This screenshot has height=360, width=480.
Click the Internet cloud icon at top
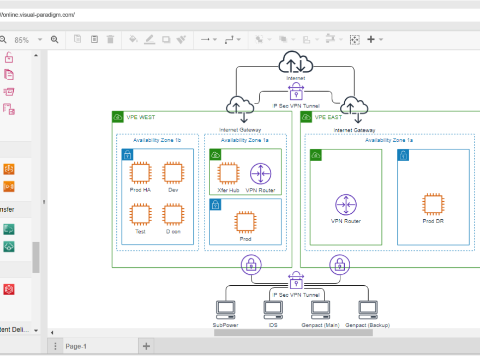coord(296,63)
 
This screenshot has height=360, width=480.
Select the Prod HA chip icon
coord(140,172)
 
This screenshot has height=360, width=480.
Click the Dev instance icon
coord(173,172)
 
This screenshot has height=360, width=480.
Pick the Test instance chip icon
coord(140,214)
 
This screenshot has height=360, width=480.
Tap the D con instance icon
coord(173,214)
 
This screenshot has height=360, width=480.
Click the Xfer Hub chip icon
coord(227,174)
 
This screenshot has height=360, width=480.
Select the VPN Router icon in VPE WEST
coord(260,174)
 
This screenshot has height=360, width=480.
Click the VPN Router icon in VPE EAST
coord(346,205)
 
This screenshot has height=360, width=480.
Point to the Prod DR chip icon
coord(433,204)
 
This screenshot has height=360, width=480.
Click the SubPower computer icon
coord(225,310)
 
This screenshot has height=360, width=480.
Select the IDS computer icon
coord(273,310)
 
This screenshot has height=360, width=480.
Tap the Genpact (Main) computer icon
coord(320,310)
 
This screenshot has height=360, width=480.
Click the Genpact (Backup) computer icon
coord(368,310)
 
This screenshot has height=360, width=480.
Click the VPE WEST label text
coord(141,117)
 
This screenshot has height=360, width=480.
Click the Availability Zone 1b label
coord(157,140)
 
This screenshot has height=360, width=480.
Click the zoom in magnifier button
coord(55,39)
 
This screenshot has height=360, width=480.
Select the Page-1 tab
coord(76,346)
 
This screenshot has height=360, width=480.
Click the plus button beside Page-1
coord(146,346)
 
